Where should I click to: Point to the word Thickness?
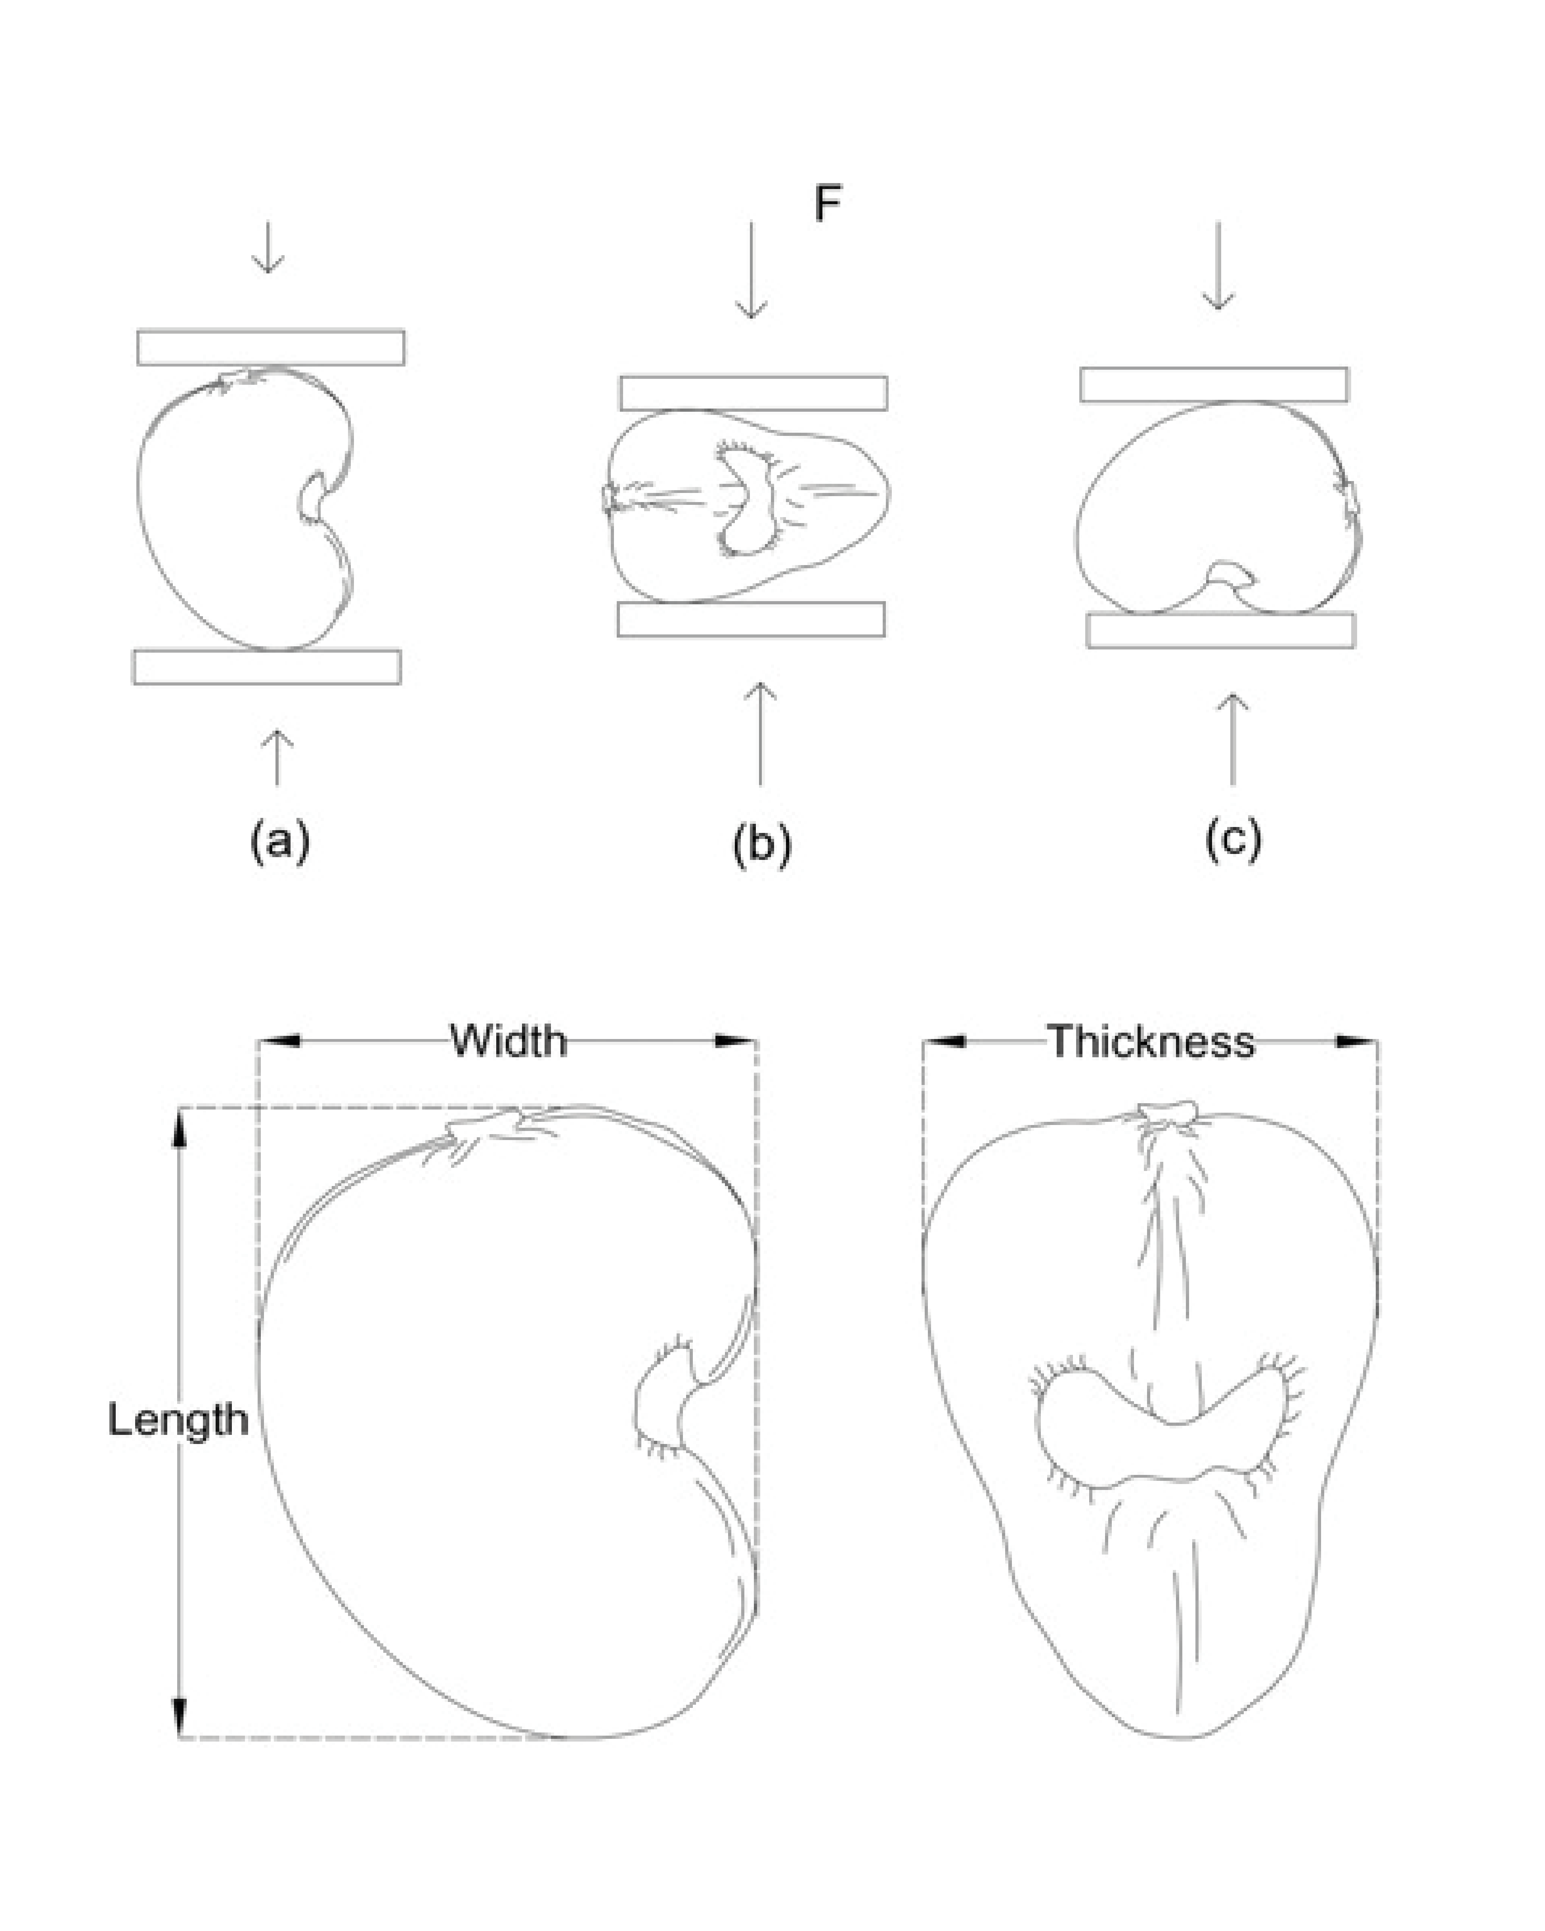tap(1151, 1042)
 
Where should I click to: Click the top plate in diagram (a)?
tap(270, 348)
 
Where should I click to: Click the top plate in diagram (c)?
tap(1214, 384)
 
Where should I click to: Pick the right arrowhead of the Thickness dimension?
tap(1357, 1042)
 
